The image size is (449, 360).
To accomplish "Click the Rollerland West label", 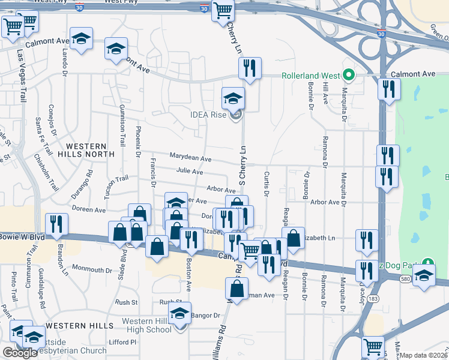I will click(x=311, y=76).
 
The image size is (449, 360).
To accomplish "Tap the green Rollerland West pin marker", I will click(x=348, y=76).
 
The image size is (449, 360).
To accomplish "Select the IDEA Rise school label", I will click(x=209, y=115).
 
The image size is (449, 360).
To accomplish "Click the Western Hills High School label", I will click(x=146, y=325).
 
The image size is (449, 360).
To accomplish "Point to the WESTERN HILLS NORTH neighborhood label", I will click(x=86, y=150).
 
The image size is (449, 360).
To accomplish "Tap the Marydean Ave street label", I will click(x=190, y=159).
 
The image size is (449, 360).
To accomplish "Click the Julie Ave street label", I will click(x=190, y=171).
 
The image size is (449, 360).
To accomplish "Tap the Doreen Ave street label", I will click(x=88, y=210).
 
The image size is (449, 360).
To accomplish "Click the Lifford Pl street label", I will click(x=124, y=342).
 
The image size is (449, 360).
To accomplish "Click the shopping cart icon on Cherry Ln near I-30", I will click(x=223, y=11).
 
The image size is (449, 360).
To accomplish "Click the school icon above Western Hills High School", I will click(x=179, y=313).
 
